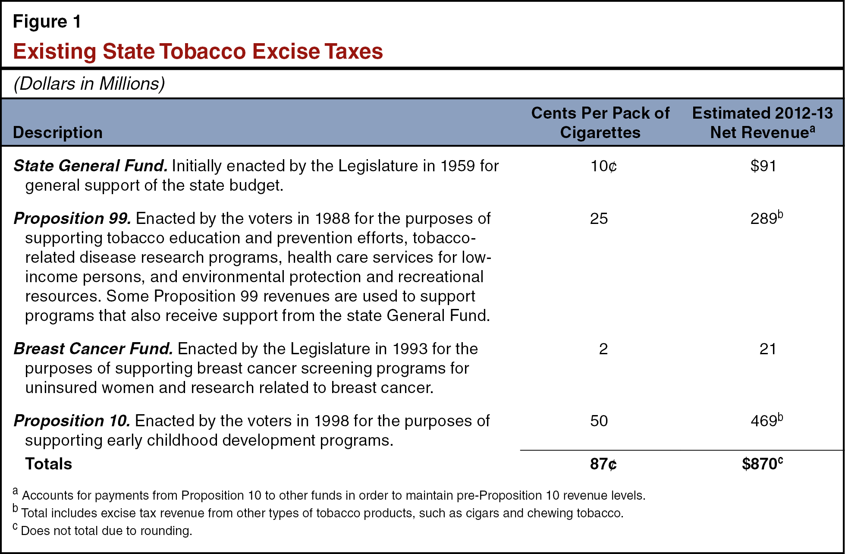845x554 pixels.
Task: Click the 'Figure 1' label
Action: click(47, 22)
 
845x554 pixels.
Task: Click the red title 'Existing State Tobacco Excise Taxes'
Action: click(198, 51)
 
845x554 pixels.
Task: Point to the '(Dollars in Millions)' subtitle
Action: click(89, 84)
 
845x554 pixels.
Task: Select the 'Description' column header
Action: click(58, 132)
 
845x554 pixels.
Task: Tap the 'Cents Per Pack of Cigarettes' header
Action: click(600, 123)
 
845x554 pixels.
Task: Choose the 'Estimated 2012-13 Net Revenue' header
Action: click(762, 123)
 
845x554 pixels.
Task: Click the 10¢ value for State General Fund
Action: click(603, 166)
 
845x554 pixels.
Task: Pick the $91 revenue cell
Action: click(763, 166)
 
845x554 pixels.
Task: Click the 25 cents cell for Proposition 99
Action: click(599, 219)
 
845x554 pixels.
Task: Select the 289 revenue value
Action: click(764, 219)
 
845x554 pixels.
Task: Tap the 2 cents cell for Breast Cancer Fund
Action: click(603, 349)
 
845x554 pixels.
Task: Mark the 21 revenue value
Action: click(768, 349)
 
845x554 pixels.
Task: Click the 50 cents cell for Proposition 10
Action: click(599, 421)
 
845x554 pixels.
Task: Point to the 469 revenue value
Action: click(764, 421)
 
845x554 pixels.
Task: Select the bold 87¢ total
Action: click(603, 464)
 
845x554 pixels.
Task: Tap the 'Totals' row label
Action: click(48, 464)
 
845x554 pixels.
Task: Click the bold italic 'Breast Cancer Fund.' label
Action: click(93, 349)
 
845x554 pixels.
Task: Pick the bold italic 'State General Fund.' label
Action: click(91, 166)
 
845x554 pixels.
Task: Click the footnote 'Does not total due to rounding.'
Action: click(106, 531)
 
